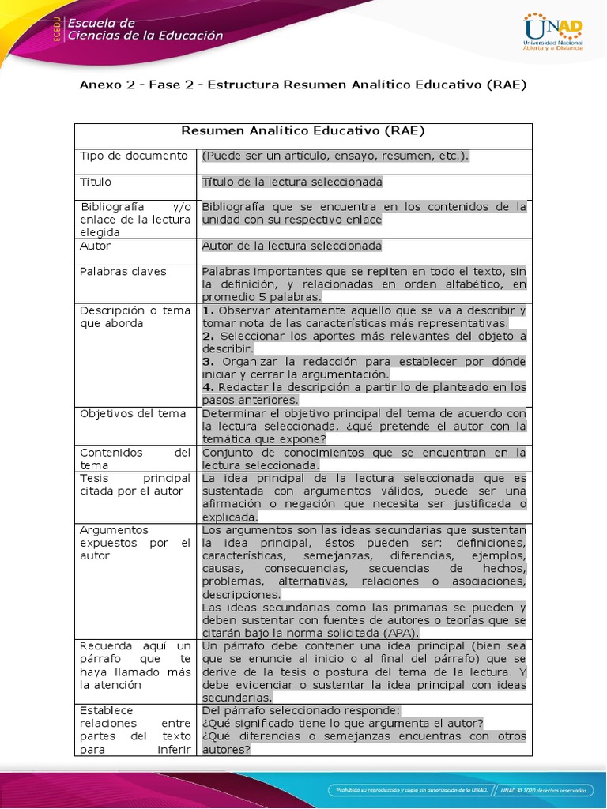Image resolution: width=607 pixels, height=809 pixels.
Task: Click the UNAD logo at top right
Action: coord(553,32)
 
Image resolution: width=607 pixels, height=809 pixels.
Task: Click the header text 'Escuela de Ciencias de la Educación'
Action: coord(144,29)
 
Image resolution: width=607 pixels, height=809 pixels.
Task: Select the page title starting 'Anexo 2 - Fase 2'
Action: coord(303,84)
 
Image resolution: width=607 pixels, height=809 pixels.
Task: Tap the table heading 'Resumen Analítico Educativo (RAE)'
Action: coord(303,131)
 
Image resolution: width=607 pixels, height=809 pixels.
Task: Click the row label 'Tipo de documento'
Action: coord(134,156)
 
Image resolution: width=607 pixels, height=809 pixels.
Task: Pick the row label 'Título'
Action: coord(96,182)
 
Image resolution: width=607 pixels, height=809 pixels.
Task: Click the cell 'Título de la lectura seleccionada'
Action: coord(292,182)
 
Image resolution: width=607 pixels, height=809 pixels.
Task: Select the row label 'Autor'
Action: coord(96,246)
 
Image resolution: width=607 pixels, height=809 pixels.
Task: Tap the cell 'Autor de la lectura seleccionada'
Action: coord(292,246)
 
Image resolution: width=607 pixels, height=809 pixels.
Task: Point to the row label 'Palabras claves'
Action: coord(123,271)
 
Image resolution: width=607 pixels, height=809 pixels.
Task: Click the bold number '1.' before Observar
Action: coord(209,310)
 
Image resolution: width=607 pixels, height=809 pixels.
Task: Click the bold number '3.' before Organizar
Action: coord(209,361)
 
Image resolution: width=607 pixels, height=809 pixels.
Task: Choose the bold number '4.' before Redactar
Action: coord(209,387)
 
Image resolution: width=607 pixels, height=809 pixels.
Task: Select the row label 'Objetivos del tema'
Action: coord(133,413)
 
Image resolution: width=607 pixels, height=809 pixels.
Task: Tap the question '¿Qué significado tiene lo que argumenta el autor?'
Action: coord(342,723)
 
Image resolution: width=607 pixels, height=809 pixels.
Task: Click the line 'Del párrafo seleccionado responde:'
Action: coord(301,710)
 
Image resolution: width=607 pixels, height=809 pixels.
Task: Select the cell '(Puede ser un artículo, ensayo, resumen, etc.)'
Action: coord(335,156)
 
